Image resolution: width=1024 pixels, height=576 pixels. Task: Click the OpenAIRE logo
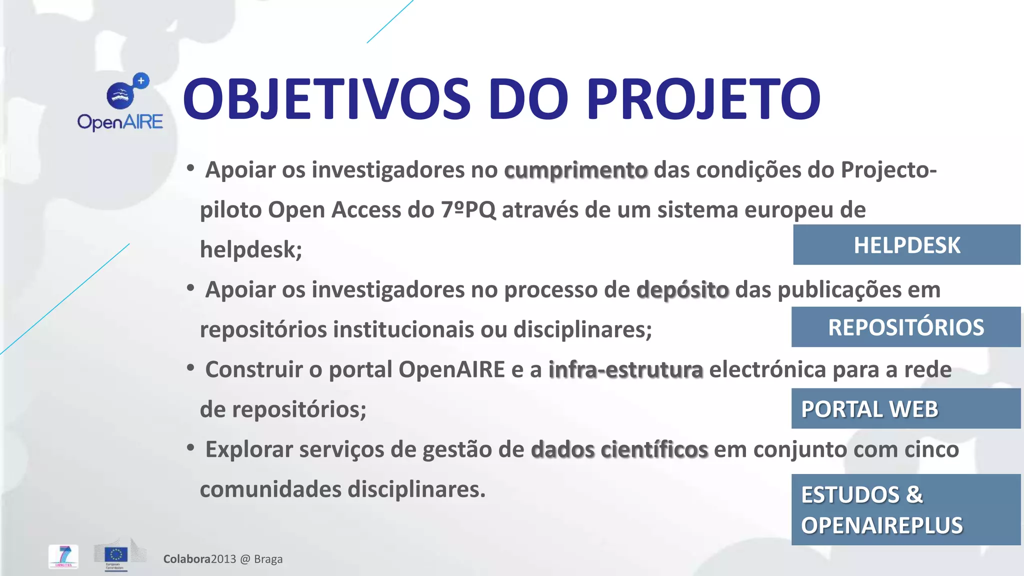click(120, 102)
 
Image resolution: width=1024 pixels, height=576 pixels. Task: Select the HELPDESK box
click(906, 245)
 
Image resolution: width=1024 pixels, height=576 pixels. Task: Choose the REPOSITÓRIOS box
click(905, 327)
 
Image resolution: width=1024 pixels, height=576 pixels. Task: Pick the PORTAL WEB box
click(905, 408)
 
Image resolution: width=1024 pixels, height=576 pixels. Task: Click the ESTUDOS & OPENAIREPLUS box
click(905, 509)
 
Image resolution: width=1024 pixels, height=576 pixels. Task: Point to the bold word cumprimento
click(575, 170)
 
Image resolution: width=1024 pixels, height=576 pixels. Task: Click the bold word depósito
click(682, 290)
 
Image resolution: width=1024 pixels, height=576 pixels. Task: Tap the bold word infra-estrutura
click(625, 370)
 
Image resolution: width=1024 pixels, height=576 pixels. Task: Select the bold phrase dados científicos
click(619, 449)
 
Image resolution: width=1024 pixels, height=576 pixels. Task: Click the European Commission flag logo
click(116, 555)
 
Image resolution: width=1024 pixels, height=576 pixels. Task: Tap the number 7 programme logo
click(63, 556)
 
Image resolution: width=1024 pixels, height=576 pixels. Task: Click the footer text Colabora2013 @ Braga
click(223, 559)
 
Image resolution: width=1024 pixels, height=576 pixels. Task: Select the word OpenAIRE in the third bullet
click(451, 370)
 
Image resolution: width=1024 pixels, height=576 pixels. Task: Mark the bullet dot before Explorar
click(190, 448)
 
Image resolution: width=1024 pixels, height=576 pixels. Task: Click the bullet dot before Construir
click(190, 368)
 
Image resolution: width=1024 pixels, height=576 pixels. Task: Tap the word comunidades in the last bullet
click(270, 489)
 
